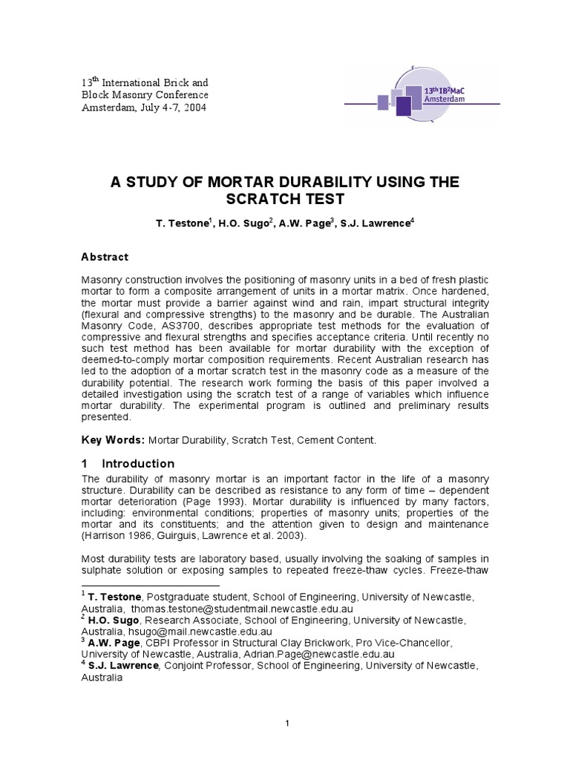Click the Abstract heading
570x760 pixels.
pos(104,257)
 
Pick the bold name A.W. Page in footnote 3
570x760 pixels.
pos(114,643)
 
